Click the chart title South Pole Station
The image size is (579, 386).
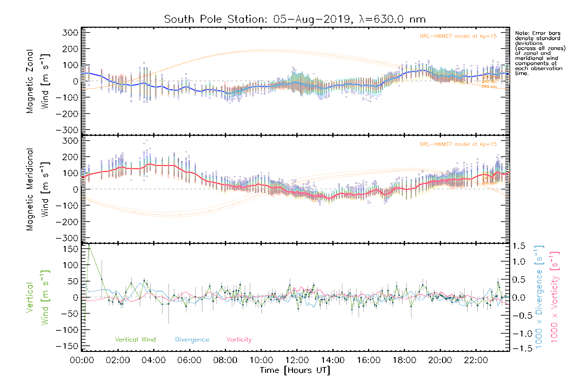click(x=295, y=19)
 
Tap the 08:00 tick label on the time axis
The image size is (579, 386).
click(x=225, y=360)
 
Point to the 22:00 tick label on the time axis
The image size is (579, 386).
click(x=476, y=360)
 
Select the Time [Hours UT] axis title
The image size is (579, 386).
click(x=295, y=370)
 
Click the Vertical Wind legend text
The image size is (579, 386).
click(x=135, y=340)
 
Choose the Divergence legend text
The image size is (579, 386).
click(x=192, y=340)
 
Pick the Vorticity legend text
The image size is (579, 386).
click(x=239, y=340)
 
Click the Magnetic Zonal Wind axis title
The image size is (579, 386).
click(x=38, y=81)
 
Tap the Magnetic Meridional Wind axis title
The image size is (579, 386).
click(x=38, y=189)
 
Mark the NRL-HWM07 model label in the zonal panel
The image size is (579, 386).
click(x=458, y=36)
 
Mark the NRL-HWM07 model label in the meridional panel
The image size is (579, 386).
click(x=458, y=144)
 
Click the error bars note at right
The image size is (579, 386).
click(x=540, y=53)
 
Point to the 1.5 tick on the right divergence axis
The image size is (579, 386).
click(x=519, y=246)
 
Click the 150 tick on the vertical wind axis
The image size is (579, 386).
click(x=71, y=249)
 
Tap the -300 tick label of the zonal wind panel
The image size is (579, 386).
click(x=67, y=130)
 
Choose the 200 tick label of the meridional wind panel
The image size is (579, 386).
click(x=71, y=157)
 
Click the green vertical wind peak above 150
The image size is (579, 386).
click(x=89, y=245)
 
